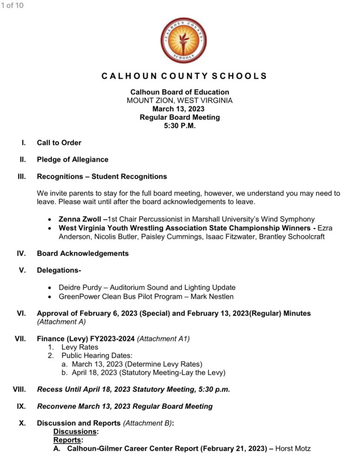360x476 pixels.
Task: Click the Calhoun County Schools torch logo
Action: point(183,40)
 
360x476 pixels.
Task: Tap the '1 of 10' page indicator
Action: point(12,6)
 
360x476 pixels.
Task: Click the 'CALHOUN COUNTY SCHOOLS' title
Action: point(184,76)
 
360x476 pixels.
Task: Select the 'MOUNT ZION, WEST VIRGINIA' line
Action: point(180,100)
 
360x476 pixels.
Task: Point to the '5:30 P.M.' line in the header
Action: point(180,126)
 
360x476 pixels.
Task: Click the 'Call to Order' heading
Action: point(59,143)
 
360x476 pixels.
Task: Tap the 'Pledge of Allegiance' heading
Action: point(72,159)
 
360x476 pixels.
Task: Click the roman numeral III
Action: point(21,177)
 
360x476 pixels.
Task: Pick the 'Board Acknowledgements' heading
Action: point(83,253)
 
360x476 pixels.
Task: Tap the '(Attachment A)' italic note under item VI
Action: point(62,322)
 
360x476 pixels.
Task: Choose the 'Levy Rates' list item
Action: point(79,347)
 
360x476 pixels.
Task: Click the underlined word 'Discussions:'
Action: point(76,431)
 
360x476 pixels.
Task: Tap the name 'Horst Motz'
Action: point(293,449)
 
